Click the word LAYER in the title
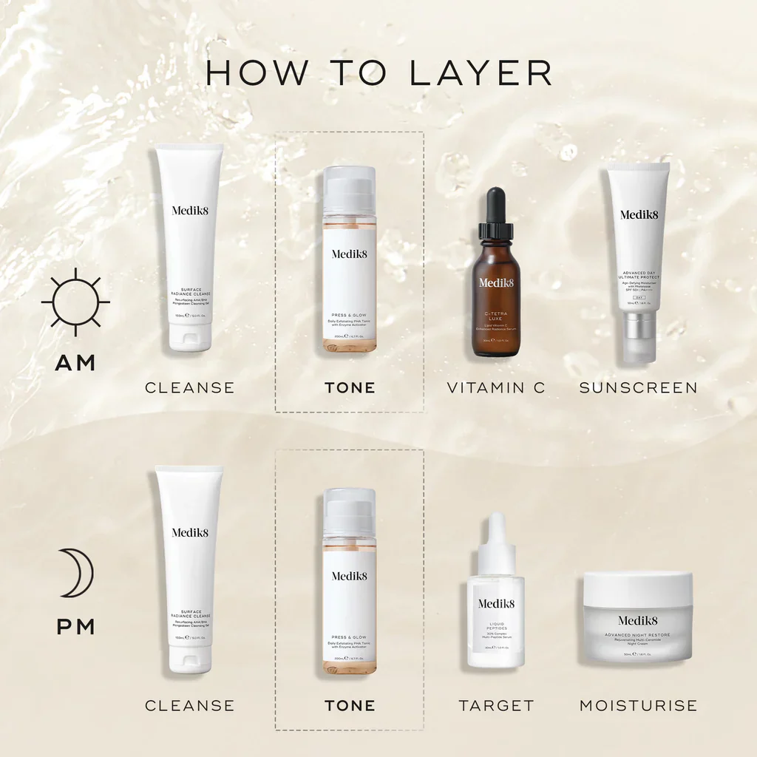click(x=481, y=72)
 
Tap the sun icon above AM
click(x=75, y=302)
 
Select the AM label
click(x=75, y=363)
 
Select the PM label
click(x=75, y=627)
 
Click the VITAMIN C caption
click(x=496, y=387)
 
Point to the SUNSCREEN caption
click(x=638, y=387)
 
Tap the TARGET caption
click(x=496, y=705)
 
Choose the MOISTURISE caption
click(x=638, y=705)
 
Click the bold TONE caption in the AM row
click(x=350, y=387)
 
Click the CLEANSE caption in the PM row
click(x=189, y=705)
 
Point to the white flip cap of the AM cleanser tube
click(x=189, y=337)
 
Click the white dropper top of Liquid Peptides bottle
click(x=496, y=543)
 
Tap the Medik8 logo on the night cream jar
click(x=638, y=620)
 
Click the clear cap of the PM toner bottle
click(x=350, y=510)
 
